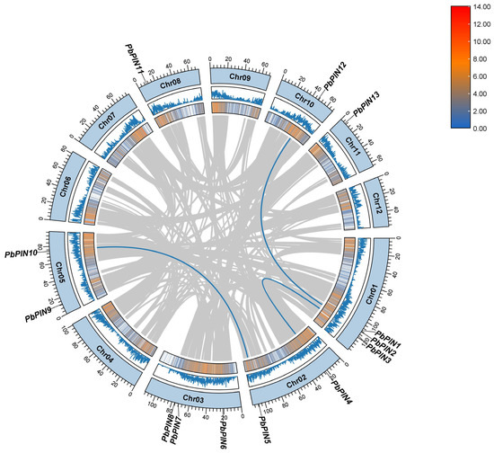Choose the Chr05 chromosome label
[60, 268]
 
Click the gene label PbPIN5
[263, 432]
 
